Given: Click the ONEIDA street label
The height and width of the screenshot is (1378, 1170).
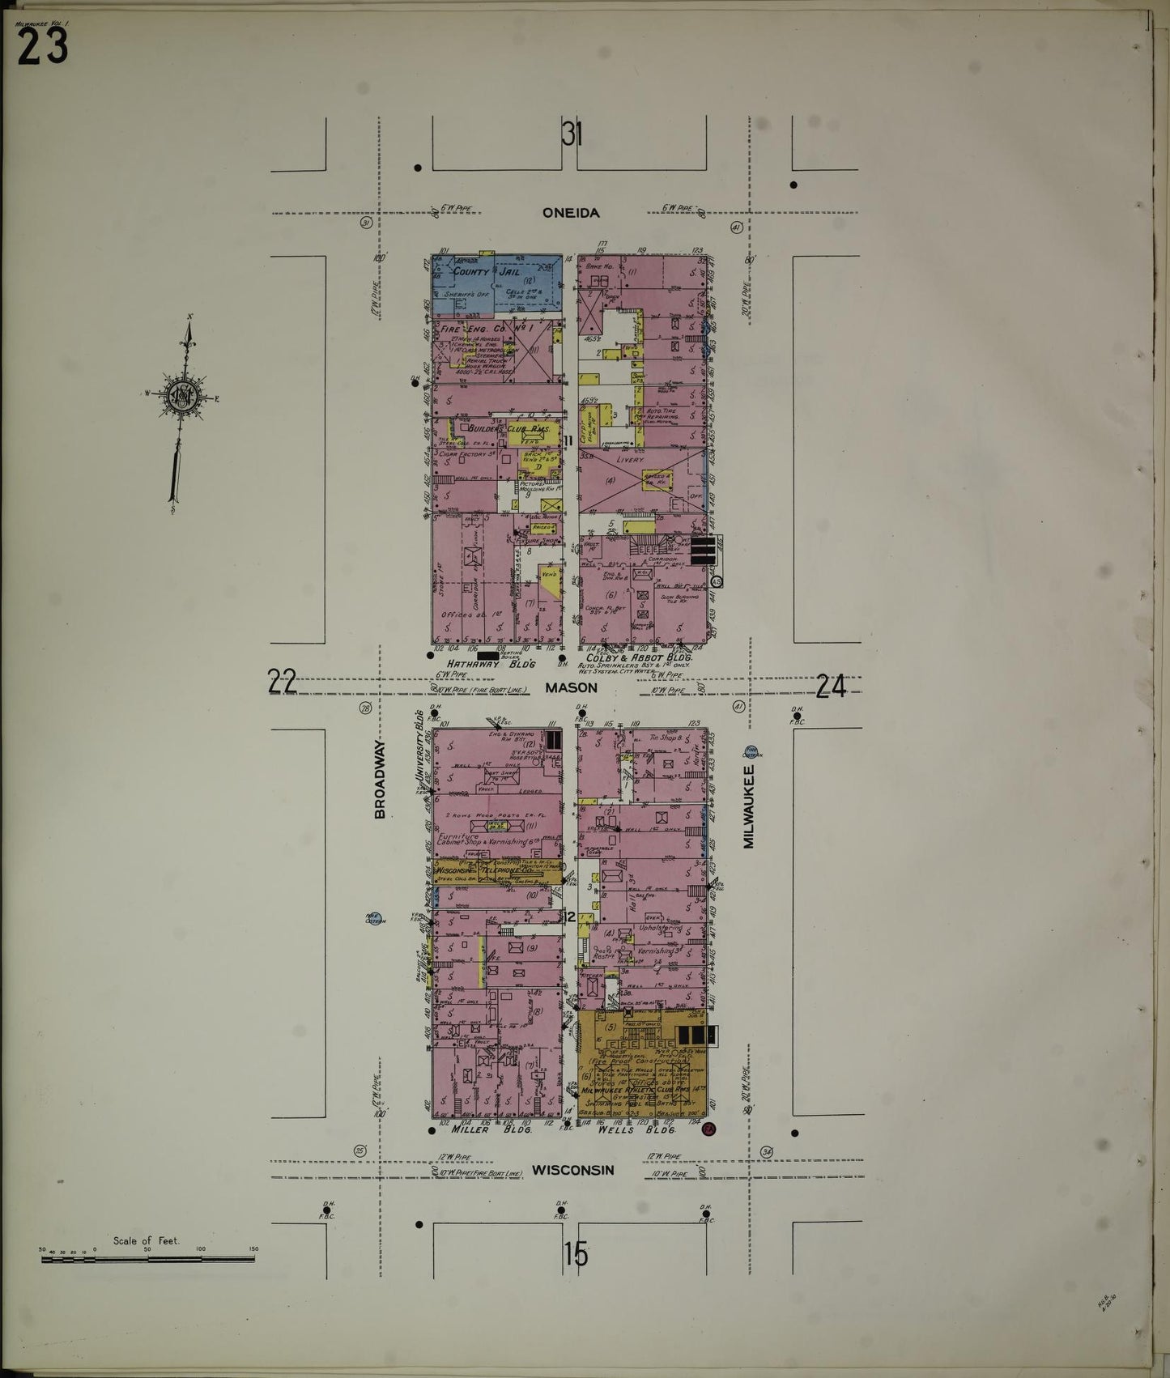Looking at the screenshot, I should [571, 213].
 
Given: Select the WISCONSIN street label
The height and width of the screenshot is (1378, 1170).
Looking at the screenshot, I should [572, 1170].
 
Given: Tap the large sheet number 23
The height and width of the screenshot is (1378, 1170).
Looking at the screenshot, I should [42, 49].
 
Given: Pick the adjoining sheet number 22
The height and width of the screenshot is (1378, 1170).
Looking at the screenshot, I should [283, 684].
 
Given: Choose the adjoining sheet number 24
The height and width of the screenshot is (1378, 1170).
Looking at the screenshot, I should [831, 687].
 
